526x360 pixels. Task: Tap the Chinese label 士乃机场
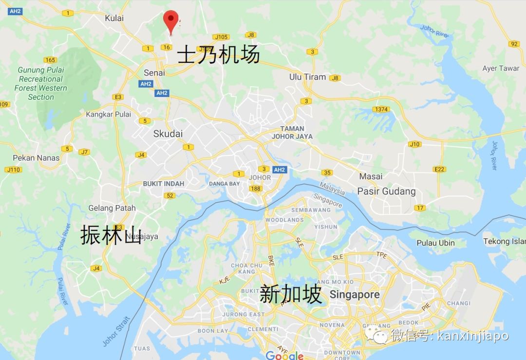[x=218, y=55]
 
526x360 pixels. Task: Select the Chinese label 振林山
[x=111, y=234]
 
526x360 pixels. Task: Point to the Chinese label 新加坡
[x=291, y=294]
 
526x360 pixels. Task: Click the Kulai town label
[x=114, y=18]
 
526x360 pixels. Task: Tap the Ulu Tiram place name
[x=308, y=77]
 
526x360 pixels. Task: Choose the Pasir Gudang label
[x=386, y=191]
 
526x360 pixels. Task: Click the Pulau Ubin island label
[x=436, y=243]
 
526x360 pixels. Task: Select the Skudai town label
[x=168, y=133]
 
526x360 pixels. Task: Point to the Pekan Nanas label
[x=36, y=158]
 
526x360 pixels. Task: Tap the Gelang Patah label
[x=112, y=208]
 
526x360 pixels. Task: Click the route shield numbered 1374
[x=381, y=109]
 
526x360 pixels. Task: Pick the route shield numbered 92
[x=514, y=44]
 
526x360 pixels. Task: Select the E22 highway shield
[x=439, y=169]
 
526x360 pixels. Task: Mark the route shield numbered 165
[x=50, y=60]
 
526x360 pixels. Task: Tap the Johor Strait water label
[x=116, y=331]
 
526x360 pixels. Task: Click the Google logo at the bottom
[x=285, y=356]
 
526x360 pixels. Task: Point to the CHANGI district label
[x=458, y=303]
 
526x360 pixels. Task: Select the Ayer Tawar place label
[x=501, y=68]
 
